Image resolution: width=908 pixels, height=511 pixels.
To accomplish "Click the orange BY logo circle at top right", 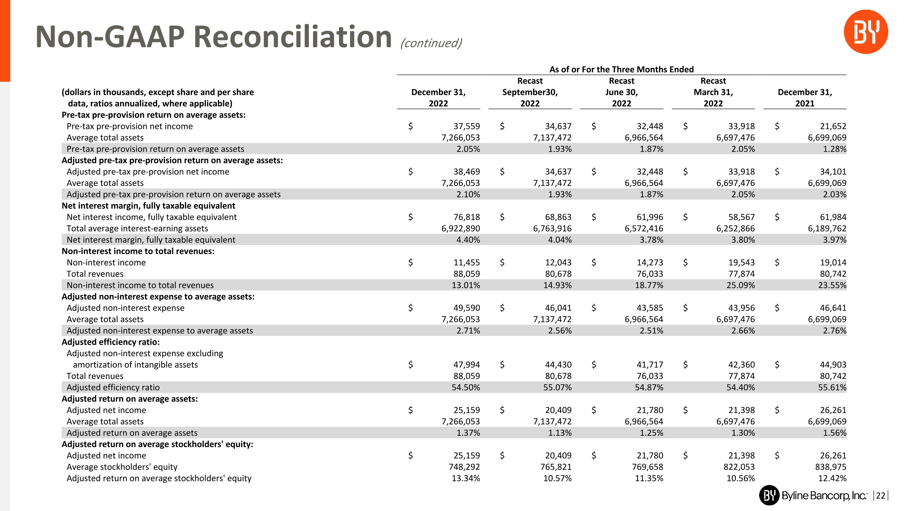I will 865,32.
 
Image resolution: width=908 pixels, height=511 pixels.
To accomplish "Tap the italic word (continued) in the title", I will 431,43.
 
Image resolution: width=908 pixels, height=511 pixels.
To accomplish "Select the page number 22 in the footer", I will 880,496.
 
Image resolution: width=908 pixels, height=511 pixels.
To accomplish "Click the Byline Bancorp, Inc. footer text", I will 823,496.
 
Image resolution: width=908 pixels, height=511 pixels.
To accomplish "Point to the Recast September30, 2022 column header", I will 530,92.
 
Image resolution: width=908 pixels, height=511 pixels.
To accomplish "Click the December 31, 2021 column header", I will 805,98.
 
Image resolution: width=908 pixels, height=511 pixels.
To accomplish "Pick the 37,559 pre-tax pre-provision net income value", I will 466,126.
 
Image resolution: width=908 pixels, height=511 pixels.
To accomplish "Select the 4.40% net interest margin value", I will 468,240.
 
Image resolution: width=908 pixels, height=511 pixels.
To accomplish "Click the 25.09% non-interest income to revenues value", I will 741,285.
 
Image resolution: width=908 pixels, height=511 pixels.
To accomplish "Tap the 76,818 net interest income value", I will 466,217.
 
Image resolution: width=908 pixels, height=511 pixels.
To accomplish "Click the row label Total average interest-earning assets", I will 137,228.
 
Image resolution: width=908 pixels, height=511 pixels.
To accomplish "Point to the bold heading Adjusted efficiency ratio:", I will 111,342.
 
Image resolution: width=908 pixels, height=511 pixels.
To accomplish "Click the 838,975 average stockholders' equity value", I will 831,467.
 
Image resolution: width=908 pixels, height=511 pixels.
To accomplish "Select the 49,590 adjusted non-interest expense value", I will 466,308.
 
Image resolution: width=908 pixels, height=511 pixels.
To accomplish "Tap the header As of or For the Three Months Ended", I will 621,69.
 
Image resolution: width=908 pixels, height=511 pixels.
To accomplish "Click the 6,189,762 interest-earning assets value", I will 827,228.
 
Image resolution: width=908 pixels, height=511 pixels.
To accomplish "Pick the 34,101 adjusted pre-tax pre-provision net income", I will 833,172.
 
